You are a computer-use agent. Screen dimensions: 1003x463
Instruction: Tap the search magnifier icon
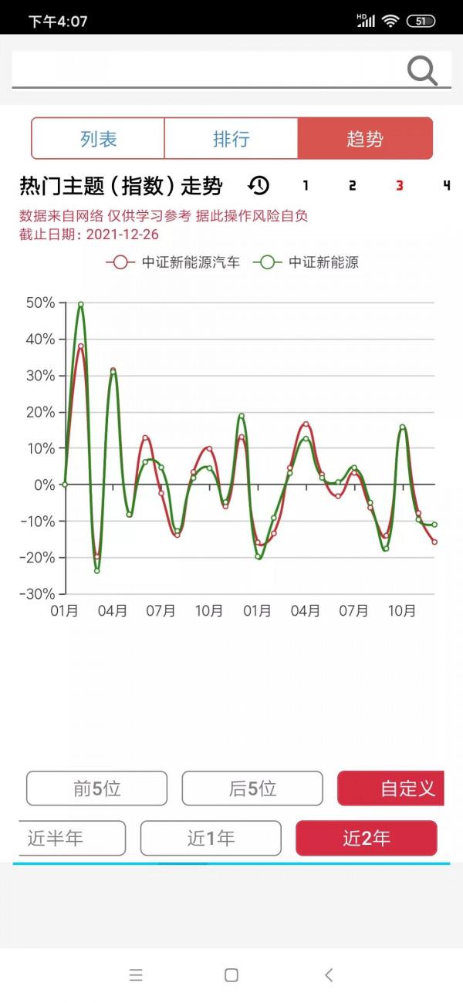(422, 71)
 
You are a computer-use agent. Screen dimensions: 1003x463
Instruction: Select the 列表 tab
(98, 139)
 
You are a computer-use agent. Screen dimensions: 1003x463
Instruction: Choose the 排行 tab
(231, 139)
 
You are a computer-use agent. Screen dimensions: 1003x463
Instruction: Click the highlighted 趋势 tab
(365, 139)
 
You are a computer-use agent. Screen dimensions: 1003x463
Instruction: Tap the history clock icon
(259, 185)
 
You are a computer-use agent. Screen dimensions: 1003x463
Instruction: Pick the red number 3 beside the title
(399, 186)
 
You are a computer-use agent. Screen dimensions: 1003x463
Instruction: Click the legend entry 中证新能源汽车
(173, 262)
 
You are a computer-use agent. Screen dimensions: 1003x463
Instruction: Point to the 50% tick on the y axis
(40, 302)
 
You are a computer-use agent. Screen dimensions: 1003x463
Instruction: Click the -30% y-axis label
(37, 593)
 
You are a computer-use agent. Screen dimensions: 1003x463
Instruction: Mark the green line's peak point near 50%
(81, 304)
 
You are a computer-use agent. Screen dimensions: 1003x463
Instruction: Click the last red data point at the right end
(434, 542)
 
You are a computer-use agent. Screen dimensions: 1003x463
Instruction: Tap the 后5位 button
(252, 789)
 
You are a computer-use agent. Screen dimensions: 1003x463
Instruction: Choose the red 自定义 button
(390, 789)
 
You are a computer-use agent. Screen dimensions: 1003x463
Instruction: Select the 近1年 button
(211, 838)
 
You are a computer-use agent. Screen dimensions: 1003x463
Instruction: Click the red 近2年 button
(367, 838)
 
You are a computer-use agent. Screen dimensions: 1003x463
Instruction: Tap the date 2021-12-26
(123, 234)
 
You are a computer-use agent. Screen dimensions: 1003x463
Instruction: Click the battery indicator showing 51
(421, 21)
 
